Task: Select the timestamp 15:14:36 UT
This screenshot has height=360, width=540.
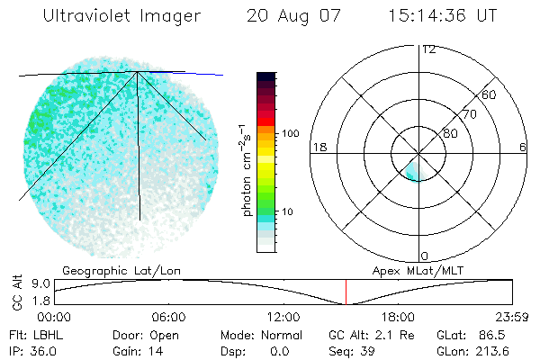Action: click(442, 16)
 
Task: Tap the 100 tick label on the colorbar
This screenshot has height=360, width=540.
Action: click(290, 133)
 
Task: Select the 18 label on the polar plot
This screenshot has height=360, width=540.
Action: click(318, 147)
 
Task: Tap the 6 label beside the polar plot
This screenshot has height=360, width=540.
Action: click(524, 147)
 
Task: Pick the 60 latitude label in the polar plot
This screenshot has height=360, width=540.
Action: click(490, 94)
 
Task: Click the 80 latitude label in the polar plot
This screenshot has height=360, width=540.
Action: click(451, 133)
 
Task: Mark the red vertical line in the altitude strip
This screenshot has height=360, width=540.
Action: click(346, 292)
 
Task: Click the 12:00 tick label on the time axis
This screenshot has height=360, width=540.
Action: click(283, 317)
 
